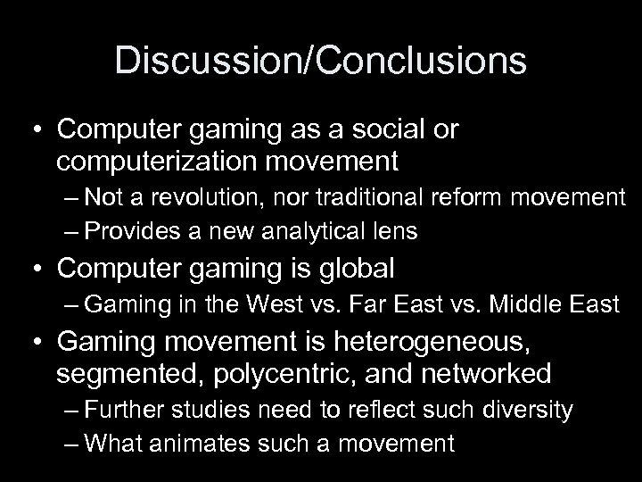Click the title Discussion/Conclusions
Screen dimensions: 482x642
(x=321, y=61)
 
